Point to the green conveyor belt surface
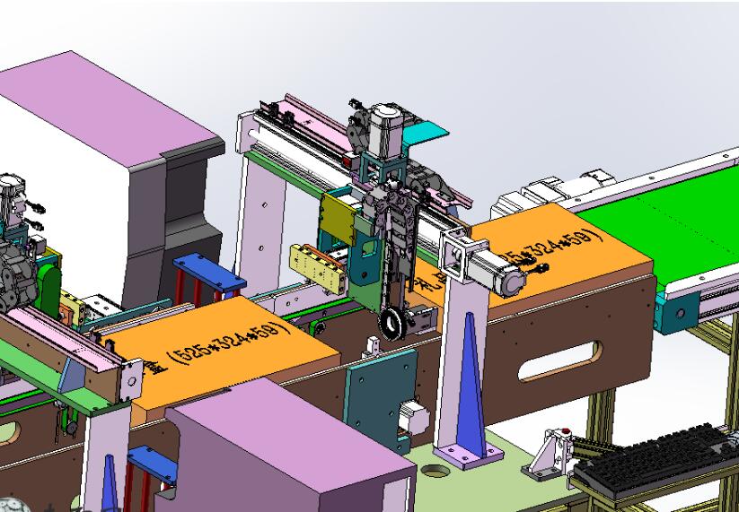[x=682, y=224]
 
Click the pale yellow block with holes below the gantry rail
[x=318, y=265]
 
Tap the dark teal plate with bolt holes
[x=382, y=386]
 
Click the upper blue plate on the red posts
[x=207, y=269]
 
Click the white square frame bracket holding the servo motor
[x=455, y=255]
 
